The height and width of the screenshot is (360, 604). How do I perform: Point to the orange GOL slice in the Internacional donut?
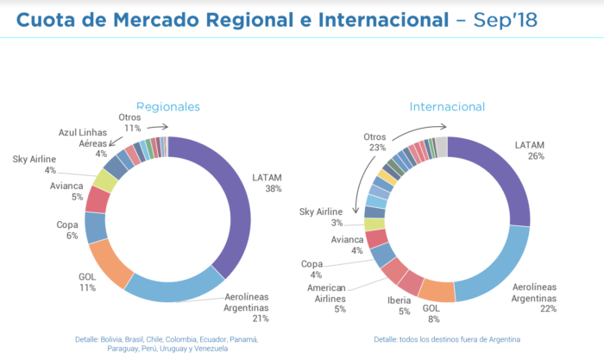point(437,292)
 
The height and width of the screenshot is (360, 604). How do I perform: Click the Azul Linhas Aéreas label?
point(85,142)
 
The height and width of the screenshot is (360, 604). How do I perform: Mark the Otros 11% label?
point(130,122)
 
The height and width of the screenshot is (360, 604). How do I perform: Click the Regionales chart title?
point(168,106)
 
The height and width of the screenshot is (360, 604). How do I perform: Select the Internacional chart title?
point(447,106)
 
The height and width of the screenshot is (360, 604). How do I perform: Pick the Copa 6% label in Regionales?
point(69,231)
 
